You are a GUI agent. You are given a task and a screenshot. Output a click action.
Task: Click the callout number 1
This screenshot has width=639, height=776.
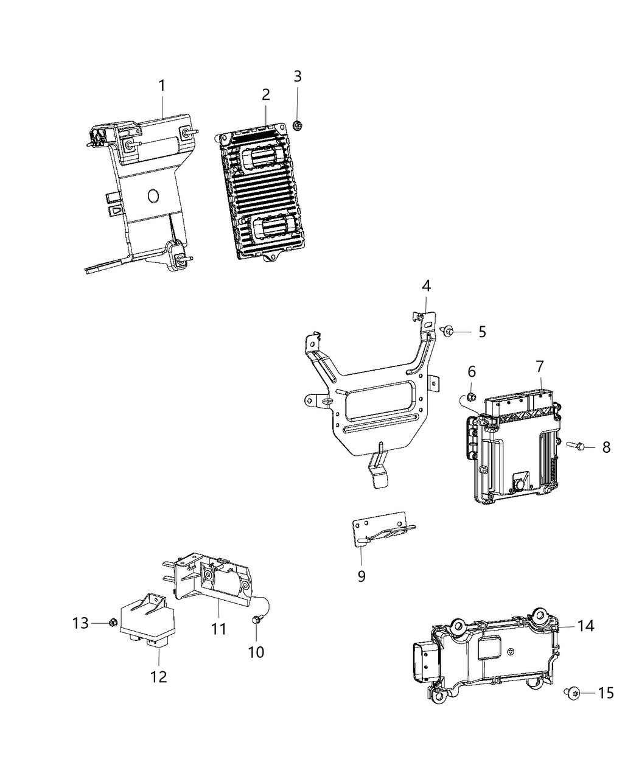162,86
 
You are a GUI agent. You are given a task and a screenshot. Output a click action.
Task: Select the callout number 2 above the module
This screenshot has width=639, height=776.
265,94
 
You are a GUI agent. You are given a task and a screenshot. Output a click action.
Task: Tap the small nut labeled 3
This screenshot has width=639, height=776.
298,125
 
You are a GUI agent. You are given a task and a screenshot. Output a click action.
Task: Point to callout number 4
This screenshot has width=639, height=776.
426,285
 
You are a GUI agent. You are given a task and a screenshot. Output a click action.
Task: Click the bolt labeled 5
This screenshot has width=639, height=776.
448,330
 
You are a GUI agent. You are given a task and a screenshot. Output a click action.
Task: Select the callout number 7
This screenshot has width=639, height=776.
540,366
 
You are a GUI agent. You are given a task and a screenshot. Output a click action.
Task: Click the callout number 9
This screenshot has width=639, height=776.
361,576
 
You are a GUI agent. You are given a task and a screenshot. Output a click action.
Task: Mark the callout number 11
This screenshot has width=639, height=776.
218,629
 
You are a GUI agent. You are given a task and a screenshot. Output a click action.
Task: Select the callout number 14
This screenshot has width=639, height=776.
585,626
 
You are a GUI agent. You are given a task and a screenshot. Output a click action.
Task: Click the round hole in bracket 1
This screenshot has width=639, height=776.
153,196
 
